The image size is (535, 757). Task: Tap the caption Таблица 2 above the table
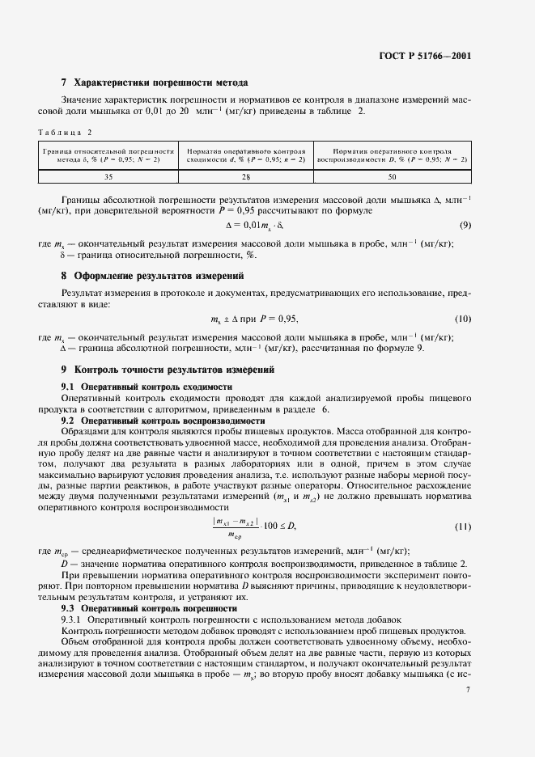(66, 132)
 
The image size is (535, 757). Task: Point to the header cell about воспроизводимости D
(392, 154)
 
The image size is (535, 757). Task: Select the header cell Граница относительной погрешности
(108, 154)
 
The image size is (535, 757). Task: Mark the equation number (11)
(462, 527)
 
